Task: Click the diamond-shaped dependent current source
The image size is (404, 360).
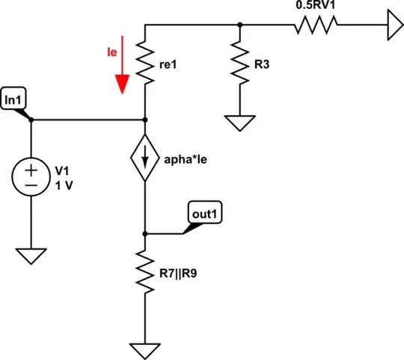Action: [144, 158]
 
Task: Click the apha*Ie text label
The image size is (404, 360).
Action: [186, 159]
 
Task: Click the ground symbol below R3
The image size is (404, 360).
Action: [240, 122]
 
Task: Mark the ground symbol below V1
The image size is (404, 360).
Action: [31, 256]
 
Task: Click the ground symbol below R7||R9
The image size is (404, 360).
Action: [144, 350]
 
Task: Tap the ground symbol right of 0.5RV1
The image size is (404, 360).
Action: [391, 25]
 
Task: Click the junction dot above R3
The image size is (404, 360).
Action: [240, 25]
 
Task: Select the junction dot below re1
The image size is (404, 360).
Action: [144, 119]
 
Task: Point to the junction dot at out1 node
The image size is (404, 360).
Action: [144, 234]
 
